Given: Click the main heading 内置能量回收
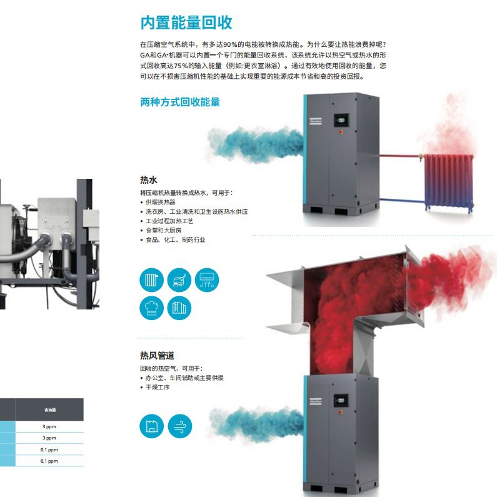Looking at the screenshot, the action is pyautogui.click(x=186, y=23).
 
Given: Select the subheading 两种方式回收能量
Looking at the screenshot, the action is pyautogui.click(x=180, y=102).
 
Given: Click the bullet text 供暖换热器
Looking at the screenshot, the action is pyautogui.click(x=160, y=202).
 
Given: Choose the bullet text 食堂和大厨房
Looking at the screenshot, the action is pyautogui.click(x=163, y=230).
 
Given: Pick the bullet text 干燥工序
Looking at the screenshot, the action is pyautogui.click(x=158, y=388).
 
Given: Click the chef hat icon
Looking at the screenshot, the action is pyautogui.click(x=151, y=309).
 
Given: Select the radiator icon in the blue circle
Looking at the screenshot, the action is pyautogui.click(x=151, y=280).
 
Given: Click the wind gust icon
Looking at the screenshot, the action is pyautogui.click(x=179, y=426).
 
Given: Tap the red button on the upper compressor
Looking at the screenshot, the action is pyautogui.click(x=341, y=133).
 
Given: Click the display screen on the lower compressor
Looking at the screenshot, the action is pyautogui.click(x=341, y=401).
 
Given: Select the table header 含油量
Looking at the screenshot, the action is pyautogui.click(x=49, y=410).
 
